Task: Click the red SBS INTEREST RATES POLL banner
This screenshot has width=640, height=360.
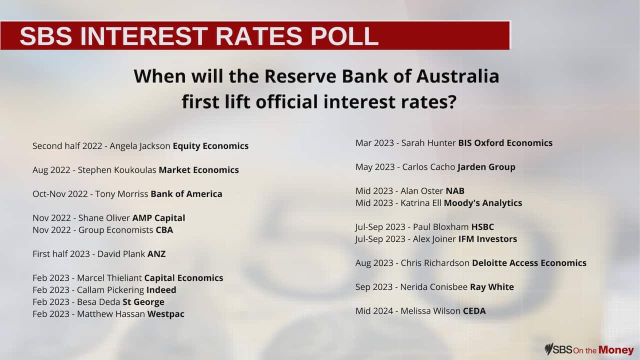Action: [255, 35]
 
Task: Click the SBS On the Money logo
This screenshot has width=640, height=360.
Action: [589, 349]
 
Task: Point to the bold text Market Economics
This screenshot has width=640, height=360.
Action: [198, 170]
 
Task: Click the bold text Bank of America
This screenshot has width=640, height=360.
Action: [186, 194]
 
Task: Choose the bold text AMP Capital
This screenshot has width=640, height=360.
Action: [158, 218]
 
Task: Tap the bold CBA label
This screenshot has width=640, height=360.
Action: [164, 230]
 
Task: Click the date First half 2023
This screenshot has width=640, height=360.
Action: [61, 254]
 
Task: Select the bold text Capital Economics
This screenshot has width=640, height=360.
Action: [183, 278]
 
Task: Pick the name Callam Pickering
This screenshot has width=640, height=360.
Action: [110, 290]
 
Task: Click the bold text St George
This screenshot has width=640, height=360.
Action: [143, 302]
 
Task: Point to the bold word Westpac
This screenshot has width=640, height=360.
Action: [165, 314]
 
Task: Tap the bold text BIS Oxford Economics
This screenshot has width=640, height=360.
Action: [505, 143]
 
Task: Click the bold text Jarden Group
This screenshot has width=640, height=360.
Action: [486, 167]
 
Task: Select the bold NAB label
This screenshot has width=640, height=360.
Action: [455, 191]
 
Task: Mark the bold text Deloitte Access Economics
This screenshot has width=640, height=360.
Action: [529, 263]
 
